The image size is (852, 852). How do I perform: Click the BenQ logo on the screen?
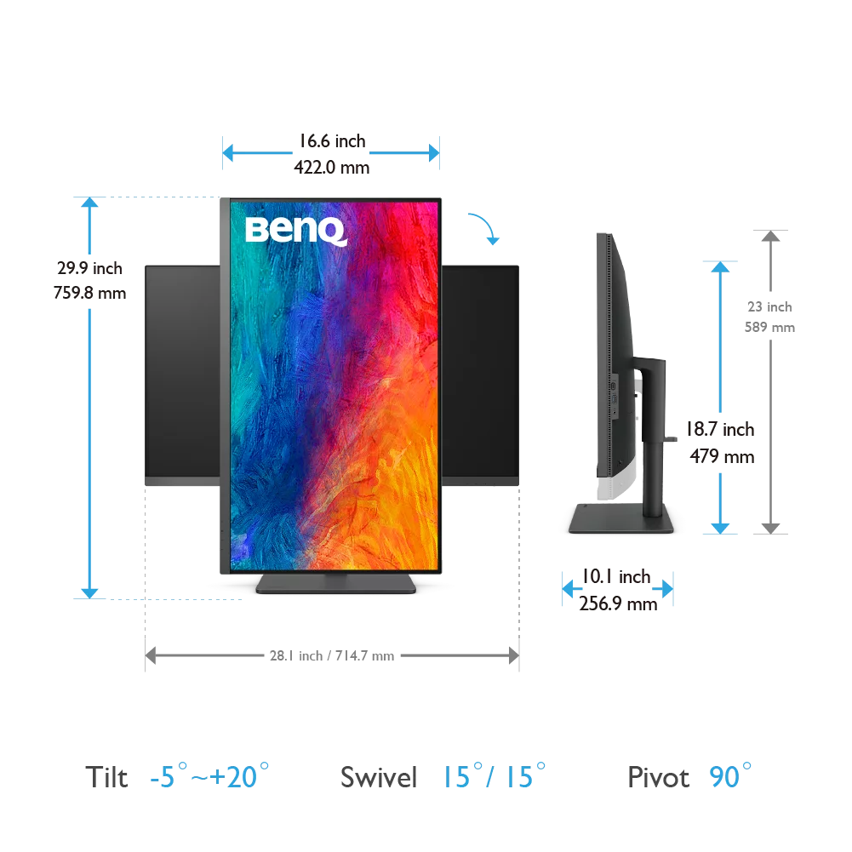pos(296,231)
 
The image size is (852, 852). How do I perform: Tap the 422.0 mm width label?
pos(331,168)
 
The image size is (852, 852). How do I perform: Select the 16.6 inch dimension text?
pos(333,141)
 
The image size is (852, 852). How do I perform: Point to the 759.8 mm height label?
pos(89,293)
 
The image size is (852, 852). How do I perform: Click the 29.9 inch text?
pos(89,268)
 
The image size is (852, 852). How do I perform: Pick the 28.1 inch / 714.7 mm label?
pos(332,656)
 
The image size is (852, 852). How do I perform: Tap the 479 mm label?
pos(722,456)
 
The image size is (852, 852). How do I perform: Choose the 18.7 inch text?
pos(721,429)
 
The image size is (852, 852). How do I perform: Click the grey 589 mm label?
pos(770,327)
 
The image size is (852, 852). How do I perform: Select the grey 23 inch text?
pos(770,307)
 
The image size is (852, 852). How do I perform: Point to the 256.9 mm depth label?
pos(618,603)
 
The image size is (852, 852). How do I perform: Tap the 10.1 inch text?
pos(616,576)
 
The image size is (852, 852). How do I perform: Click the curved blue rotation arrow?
pos(485,225)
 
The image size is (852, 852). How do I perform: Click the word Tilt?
pos(106,777)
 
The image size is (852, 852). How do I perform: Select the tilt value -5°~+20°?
pos(209,776)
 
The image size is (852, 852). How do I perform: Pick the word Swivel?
pos(379,777)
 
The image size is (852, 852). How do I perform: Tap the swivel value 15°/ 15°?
pos(494,776)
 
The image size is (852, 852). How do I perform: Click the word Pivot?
pos(659,778)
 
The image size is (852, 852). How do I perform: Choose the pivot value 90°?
pos(730,776)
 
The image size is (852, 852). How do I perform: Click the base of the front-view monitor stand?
pos(336,584)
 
